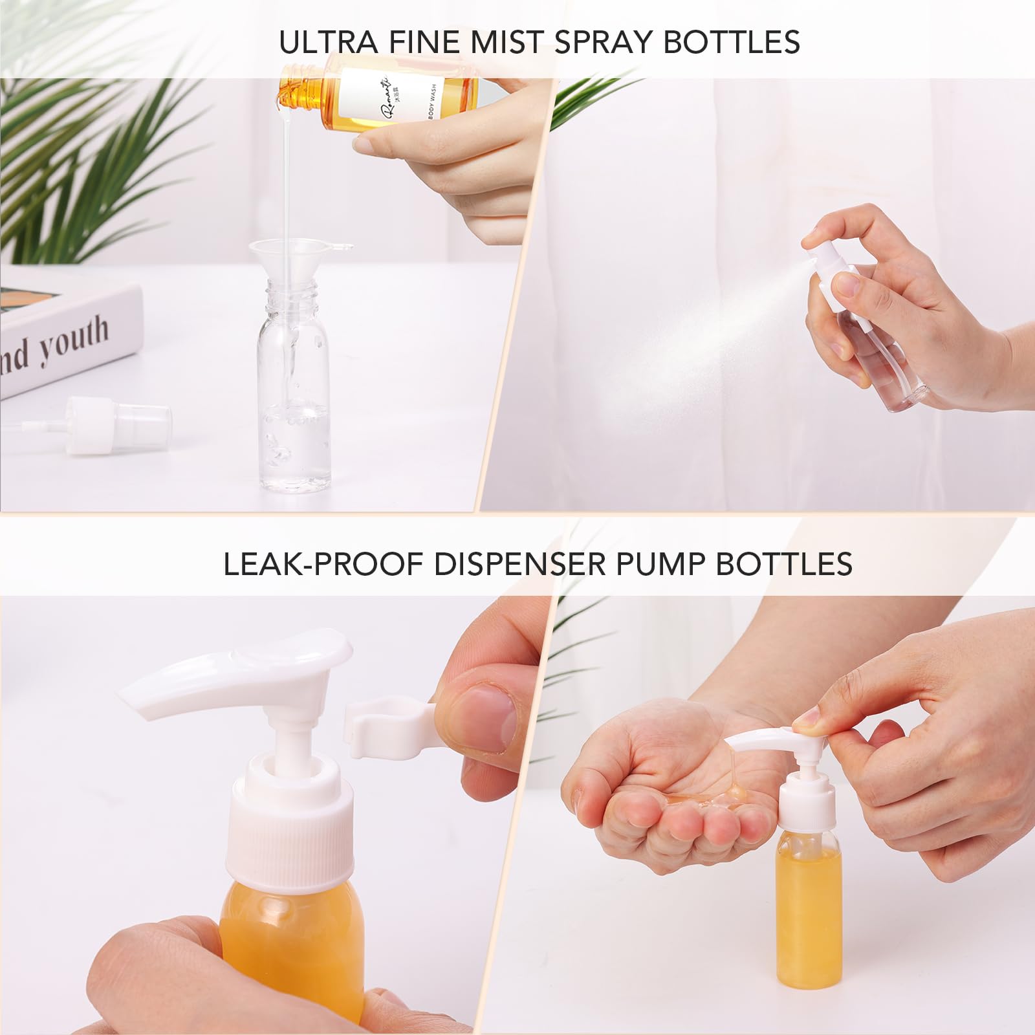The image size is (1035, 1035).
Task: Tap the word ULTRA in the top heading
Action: (x=328, y=42)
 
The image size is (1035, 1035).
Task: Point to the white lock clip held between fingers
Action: (x=385, y=728)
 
